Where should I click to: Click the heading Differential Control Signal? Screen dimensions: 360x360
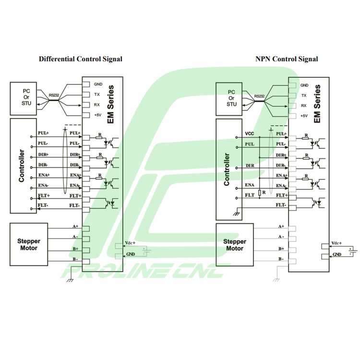(80, 59)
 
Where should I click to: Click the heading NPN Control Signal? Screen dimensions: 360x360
(287, 59)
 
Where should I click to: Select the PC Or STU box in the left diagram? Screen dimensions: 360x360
(26, 98)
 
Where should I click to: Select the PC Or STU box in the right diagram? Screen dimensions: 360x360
(232, 98)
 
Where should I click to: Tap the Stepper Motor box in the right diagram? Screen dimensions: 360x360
(235, 245)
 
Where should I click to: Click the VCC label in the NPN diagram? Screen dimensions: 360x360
(249, 133)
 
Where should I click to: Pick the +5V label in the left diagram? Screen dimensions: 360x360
(97, 115)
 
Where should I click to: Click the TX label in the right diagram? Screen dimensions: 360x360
(303, 96)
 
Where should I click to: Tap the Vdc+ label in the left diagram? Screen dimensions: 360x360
(130, 243)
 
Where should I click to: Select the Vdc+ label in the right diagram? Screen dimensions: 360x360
(336, 243)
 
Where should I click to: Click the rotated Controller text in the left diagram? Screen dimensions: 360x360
(22, 166)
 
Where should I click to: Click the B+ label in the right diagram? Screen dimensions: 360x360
(281, 248)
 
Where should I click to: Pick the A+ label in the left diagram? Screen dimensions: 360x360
(75, 226)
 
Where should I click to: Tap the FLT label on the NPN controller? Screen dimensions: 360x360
(250, 195)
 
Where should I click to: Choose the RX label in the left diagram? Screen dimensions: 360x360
(97, 105)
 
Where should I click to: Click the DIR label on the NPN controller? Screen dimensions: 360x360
(250, 165)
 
